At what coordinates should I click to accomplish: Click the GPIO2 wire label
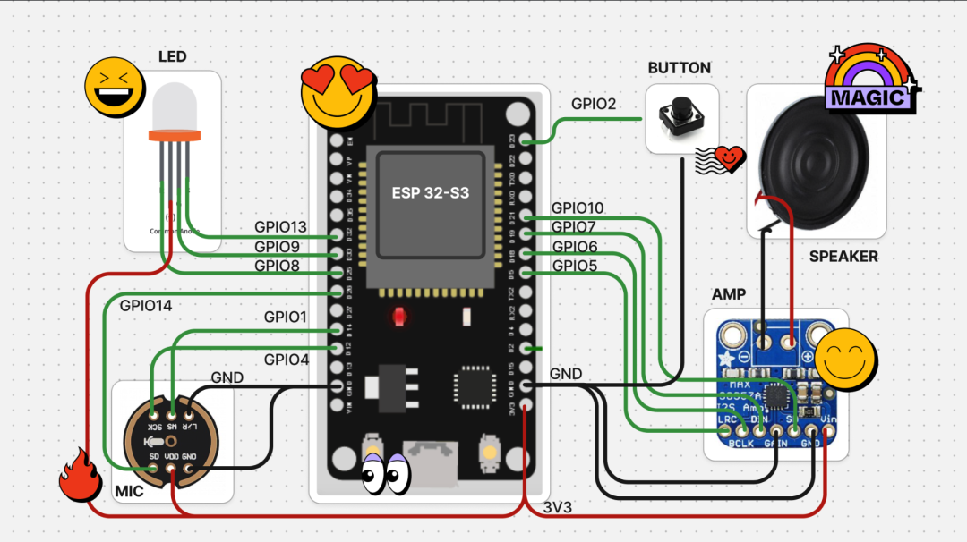coord(594,105)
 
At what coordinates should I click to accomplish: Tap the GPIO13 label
coord(280,227)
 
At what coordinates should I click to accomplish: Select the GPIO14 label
coord(146,306)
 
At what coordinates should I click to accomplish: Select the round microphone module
coord(171,441)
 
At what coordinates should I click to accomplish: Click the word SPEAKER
coord(843,257)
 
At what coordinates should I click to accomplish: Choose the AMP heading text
coord(728,294)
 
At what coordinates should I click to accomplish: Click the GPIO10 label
coord(577,208)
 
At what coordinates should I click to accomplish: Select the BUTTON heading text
coord(679,68)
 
